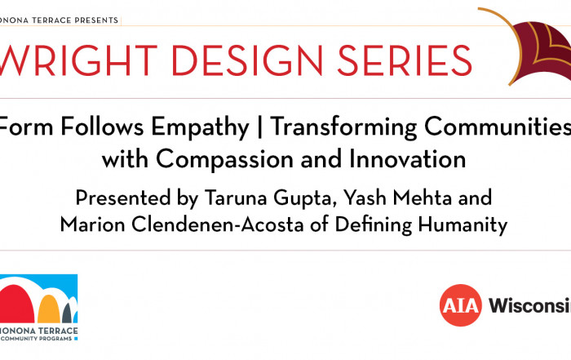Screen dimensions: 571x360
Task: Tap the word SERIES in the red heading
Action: point(405,60)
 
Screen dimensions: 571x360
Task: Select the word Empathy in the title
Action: point(200,128)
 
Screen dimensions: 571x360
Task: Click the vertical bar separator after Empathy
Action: point(259,127)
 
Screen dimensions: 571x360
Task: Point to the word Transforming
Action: point(343,128)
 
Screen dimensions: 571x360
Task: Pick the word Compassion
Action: point(225,160)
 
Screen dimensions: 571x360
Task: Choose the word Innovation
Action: point(407,159)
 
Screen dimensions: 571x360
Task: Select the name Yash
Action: point(365,198)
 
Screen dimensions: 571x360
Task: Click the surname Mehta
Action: point(423,198)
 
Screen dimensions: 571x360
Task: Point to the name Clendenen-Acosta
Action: point(218,224)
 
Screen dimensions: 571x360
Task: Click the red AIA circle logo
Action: point(461,305)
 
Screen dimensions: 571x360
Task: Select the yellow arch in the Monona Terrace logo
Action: point(48,309)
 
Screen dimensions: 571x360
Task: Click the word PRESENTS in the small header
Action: point(96,20)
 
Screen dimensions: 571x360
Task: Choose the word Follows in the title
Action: point(102,127)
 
